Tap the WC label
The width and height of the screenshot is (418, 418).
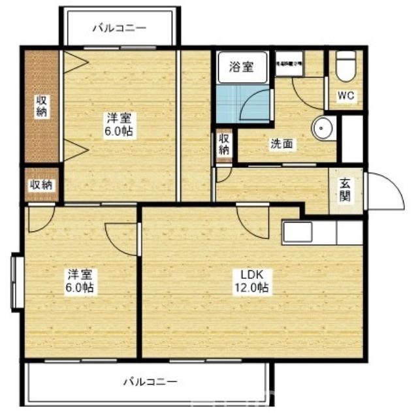tap(346, 96)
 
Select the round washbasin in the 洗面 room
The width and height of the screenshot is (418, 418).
tap(322, 128)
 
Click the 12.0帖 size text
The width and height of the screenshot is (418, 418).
tap(252, 287)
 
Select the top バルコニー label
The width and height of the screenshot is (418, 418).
tap(119, 28)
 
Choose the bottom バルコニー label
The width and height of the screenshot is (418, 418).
tap(150, 380)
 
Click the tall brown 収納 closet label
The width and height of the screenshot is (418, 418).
tap(41, 106)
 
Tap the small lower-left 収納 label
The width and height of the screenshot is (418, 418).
tap(41, 185)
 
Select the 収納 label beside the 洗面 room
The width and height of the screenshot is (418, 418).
tap(224, 144)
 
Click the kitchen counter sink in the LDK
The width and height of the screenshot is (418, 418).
tap(298, 232)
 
